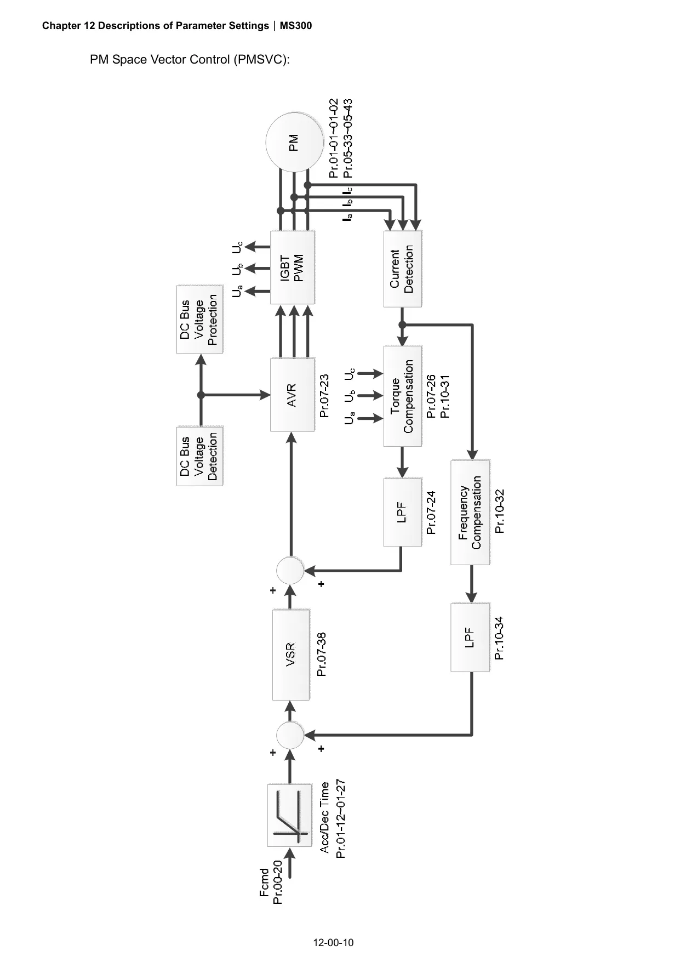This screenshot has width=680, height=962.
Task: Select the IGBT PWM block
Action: pos(293,267)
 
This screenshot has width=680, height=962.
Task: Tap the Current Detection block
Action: pos(403,269)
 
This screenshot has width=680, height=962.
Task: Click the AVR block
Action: pos(293,394)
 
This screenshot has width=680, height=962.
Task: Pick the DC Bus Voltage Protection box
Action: pos(200,319)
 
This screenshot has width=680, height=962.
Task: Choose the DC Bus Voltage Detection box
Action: pos(200,457)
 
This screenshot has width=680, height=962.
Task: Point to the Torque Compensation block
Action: pos(403,396)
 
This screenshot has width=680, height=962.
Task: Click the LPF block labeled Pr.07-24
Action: pos(403,512)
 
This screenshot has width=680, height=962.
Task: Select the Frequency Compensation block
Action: pos(470,513)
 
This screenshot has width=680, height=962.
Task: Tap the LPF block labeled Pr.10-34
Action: pos(470,637)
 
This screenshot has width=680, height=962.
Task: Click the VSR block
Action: pos(291,654)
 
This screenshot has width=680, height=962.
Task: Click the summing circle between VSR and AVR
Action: pos(290,571)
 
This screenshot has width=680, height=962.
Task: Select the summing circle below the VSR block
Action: pos(290,735)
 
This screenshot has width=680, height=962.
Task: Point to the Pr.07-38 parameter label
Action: pos(322,654)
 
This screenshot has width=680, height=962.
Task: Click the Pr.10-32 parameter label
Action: pos(499,511)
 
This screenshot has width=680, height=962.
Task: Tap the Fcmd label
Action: pos(264,883)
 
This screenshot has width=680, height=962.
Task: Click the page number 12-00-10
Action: pos(333,943)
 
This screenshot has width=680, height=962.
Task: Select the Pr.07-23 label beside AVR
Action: pos(324,395)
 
